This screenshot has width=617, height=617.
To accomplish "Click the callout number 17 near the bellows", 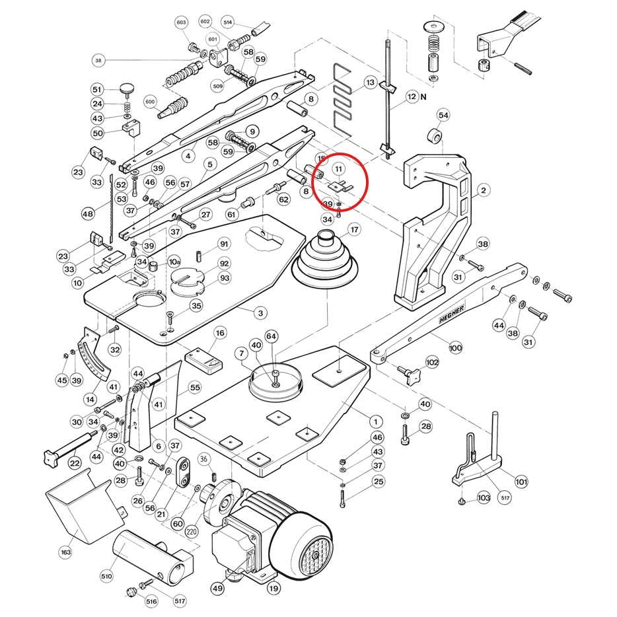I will point(355,230).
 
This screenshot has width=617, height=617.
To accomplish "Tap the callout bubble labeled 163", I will point(65,551).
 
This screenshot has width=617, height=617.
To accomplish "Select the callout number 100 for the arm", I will point(455,347).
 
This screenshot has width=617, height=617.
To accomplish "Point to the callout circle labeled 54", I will point(443,116).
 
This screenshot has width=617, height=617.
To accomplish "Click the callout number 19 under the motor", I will point(273,587).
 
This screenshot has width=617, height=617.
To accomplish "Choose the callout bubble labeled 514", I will point(229,22).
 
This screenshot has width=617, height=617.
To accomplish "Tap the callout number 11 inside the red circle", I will point(339,169).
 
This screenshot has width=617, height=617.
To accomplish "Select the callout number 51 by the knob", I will point(97,90).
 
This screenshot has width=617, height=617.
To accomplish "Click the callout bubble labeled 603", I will point(182,22).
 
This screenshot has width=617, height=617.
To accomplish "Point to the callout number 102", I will point(432,362).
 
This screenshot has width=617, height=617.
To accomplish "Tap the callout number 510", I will point(106,576).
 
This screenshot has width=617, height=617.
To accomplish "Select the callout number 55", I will point(195,386).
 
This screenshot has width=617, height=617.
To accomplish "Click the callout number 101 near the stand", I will point(521,482).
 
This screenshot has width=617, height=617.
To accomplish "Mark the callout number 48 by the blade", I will point(88,214).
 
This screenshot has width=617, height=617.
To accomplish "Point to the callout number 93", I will point(224,278).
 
